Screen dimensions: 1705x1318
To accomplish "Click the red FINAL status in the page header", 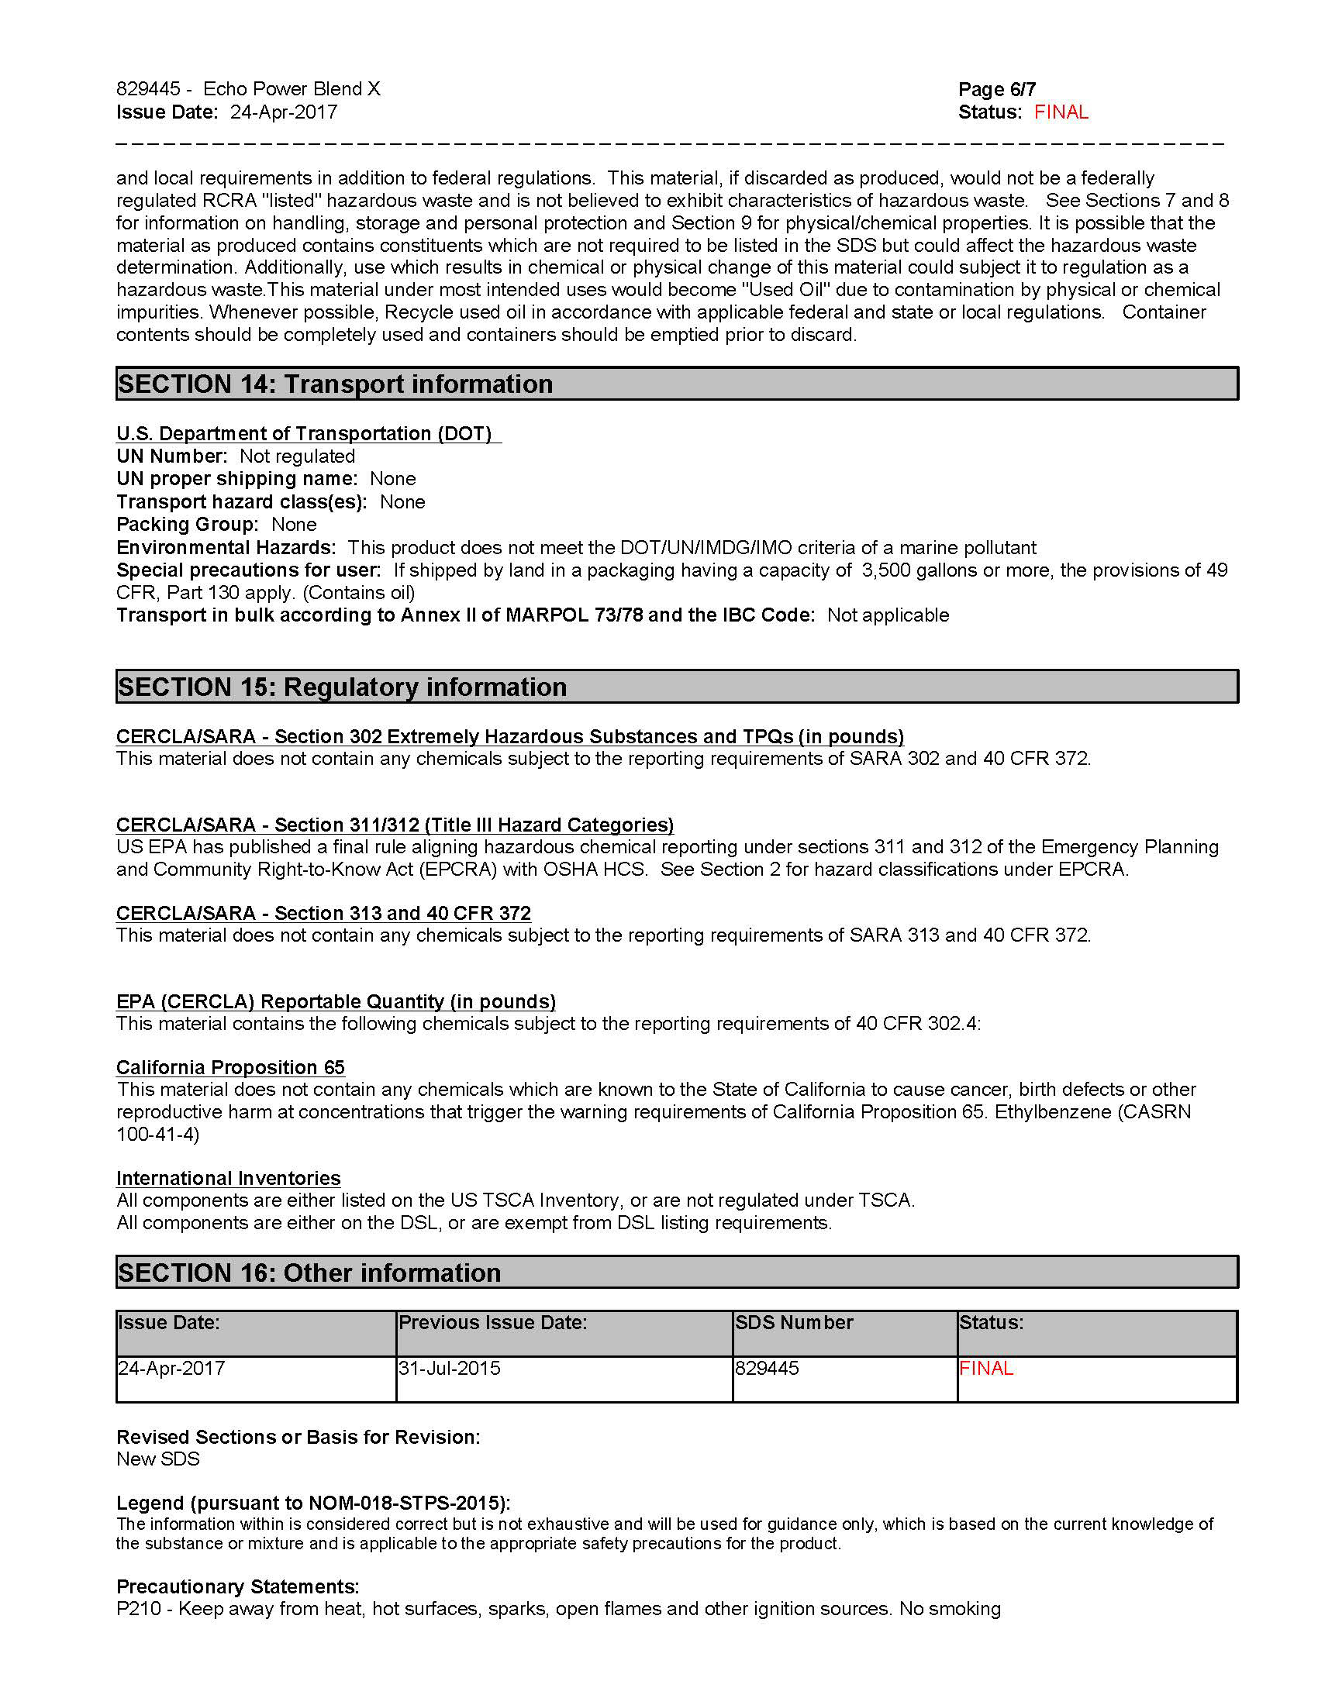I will (1061, 112).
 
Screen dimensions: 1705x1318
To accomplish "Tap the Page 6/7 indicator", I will (996, 89).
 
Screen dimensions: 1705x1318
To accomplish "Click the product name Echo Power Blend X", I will (292, 89).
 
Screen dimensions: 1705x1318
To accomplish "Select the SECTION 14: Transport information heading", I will (335, 384).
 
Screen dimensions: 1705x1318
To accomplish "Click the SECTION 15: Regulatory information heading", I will (342, 687).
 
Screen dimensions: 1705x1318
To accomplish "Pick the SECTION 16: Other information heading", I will (309, 1273).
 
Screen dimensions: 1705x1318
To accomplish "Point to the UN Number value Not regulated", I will (297, 456).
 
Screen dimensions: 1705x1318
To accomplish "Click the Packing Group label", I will (187, 525).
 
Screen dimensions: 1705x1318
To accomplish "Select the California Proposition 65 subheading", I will (230, 1067).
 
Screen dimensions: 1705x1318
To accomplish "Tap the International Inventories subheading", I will (228, 1178).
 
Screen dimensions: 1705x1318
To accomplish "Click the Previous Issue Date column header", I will (492, 1322).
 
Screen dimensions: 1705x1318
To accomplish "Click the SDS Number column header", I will (794, 1322).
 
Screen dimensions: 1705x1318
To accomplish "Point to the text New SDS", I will (157, 1459).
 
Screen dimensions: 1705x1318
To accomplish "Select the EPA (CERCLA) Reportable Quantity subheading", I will (336, 1001).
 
